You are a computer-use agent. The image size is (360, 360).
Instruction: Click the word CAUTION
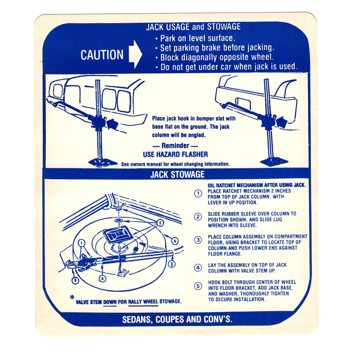102,55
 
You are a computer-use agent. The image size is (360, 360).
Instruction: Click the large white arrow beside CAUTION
135,54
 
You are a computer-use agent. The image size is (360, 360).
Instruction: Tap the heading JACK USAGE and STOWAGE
193,27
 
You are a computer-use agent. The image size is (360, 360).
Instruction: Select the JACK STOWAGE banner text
177,175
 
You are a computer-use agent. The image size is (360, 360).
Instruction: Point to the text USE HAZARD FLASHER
175,154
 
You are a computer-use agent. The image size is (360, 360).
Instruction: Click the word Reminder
175,145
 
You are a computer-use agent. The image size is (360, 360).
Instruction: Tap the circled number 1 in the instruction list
198,194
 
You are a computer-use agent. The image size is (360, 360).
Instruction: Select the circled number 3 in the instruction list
198,240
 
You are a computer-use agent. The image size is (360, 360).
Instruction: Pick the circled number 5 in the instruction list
198,286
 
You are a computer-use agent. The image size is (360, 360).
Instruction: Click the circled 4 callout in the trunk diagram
175,241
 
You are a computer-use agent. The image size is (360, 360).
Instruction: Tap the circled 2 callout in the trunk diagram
102,279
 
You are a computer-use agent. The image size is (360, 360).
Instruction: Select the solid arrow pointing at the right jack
282,122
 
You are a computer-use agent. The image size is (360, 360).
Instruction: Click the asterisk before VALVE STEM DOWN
72,298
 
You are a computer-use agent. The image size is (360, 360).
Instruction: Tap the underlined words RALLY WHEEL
143,301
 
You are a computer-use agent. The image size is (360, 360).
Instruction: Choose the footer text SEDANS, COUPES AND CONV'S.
177,319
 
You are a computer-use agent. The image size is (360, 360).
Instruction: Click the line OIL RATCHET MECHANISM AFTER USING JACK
257,185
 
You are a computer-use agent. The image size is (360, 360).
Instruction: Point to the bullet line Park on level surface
195,38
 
